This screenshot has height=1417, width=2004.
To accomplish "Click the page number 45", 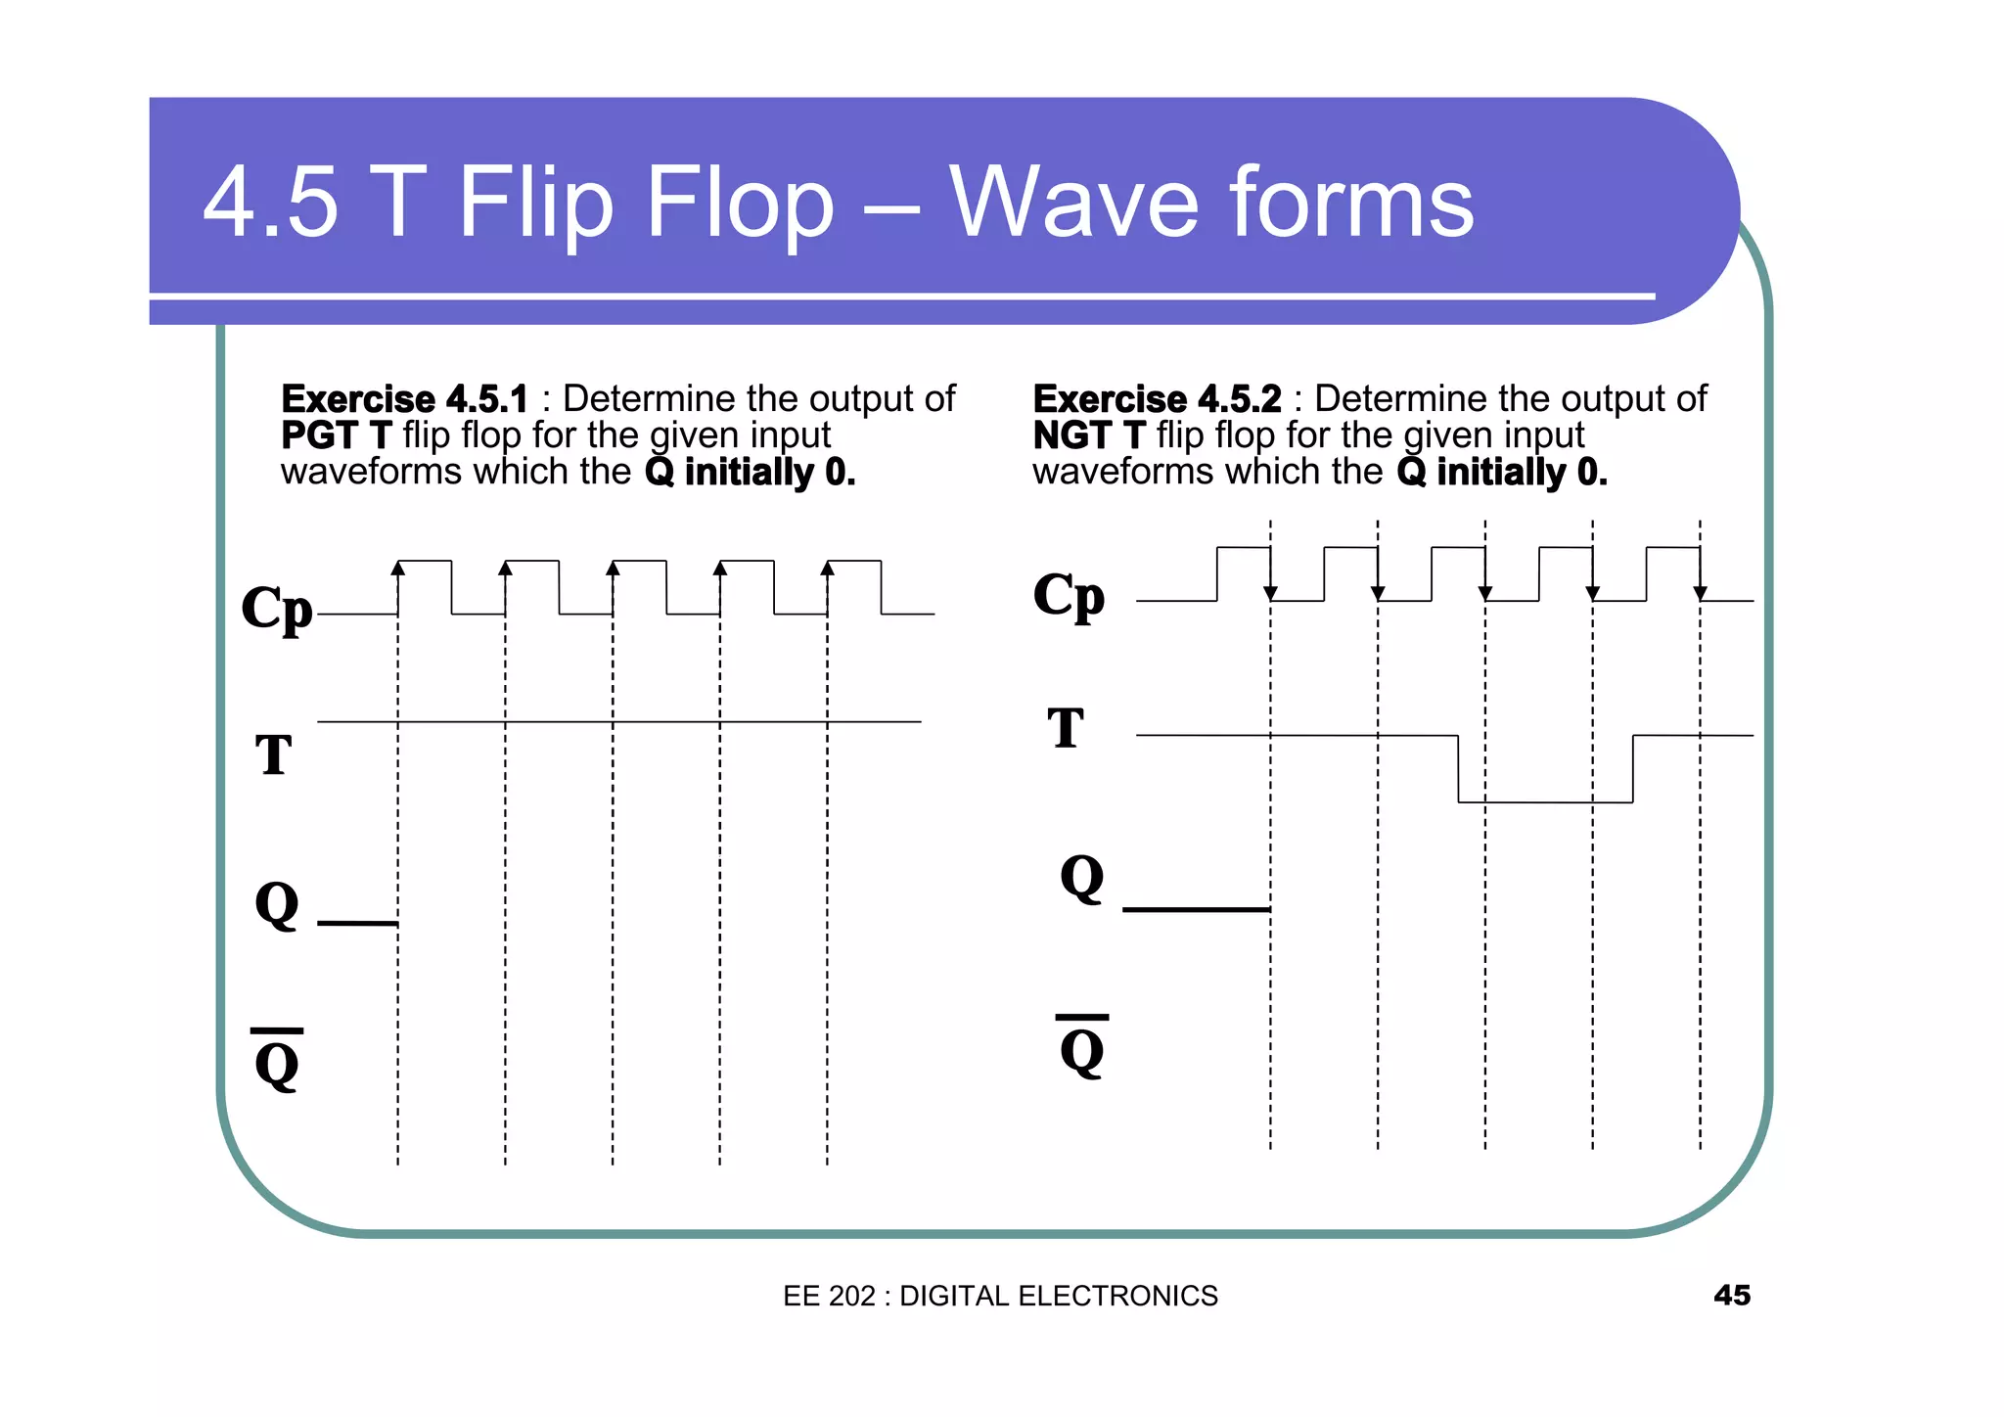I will (1731, 1295).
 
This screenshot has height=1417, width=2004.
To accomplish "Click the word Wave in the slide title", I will (1072, 203).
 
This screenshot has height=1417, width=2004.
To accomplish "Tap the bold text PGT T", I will (336, 434).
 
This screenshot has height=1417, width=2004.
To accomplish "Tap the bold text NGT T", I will (1088, 434).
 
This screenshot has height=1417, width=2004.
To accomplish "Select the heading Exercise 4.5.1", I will (403, 399).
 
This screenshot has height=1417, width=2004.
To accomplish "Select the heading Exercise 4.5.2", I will (1157, 399).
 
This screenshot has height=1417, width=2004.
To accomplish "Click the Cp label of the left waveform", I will (277, 608).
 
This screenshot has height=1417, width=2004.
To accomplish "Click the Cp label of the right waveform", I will (1069, 595).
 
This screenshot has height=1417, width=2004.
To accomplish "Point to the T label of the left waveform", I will (274, 754).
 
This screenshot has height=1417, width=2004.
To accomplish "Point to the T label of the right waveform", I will (1066, 728).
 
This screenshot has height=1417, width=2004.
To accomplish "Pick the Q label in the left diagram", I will (277, 904).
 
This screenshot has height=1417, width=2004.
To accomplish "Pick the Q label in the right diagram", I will (1082, 878).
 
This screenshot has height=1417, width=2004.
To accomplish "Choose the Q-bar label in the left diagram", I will (277, 1061).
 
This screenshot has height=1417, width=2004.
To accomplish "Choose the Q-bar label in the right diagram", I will (1082, 1047).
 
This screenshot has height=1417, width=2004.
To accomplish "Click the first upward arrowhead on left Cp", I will (398, 568).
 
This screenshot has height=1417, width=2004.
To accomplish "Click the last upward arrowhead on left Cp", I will (828, 568).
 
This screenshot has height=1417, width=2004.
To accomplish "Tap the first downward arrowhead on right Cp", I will (1270, 593).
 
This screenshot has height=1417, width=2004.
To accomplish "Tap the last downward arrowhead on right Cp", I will (1701, 593).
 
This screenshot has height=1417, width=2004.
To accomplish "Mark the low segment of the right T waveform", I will (1545, 802).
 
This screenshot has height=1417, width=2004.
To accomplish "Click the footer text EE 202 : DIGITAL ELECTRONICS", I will (1000, 1296).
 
